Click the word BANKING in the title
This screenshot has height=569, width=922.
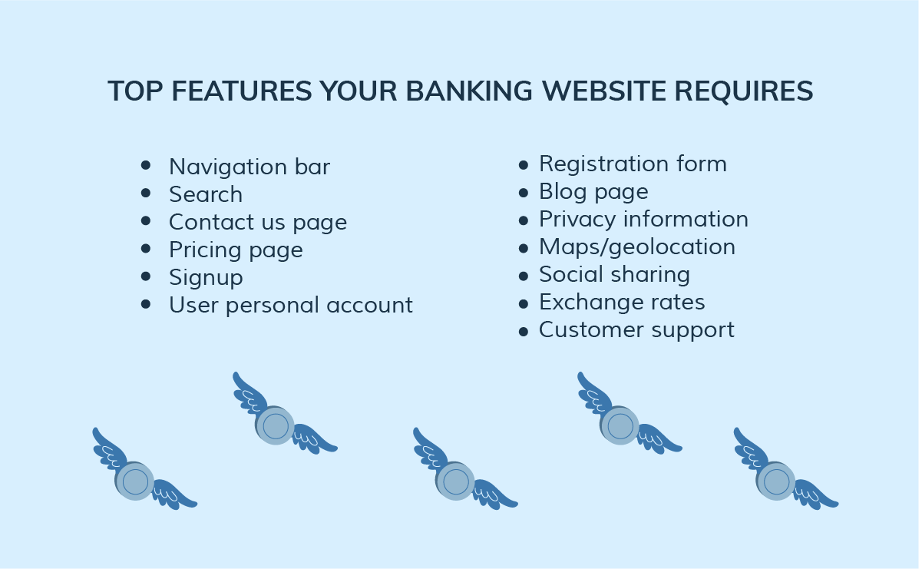pyautogui.click(x=469, y=91)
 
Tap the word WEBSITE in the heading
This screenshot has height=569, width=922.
pyautogui.click(x=604, y=91)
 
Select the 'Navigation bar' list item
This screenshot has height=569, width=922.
pyautogui.click(x=250, y=167)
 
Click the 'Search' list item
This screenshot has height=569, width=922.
pyautogui.click(x=206, y=194)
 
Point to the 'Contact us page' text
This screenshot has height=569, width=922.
pyautogui.click(x=258, y=223)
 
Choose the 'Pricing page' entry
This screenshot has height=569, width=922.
pyautogui.click(x=236, y=250)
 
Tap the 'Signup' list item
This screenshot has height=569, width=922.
pyautogui.click(x=207, y=278)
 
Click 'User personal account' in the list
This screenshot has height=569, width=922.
pyautogui.click(x=291, y=305)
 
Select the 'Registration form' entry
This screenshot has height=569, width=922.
pyautogui.click(x=633, y=164)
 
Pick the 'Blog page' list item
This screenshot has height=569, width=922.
pyautogui.click(x=594, y=192)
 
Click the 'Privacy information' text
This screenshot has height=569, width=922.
pyautogui.click(x=644, y=219)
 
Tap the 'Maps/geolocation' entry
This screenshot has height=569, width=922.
pyautogui.click(x=637, y=247)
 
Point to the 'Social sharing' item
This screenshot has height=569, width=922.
pyautogui.click(x=614, y=275)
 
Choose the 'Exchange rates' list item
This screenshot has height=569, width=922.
pyautogui.click(x=622, y=302)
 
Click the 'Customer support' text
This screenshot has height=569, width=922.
pyautogui.click(x=636, y=330)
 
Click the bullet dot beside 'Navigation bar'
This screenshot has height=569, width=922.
pyautogui.click(x=146, y=166)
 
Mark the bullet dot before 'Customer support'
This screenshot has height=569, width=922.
pyautogui.click(x=523, y=332)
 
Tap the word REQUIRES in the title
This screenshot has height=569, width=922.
pyautogui.click(x=744, y=91)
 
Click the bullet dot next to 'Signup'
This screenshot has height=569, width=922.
pyautogui.click(x=146, y=276)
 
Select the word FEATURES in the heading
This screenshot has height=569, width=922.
pyautogui.click(x=242, y=91)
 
